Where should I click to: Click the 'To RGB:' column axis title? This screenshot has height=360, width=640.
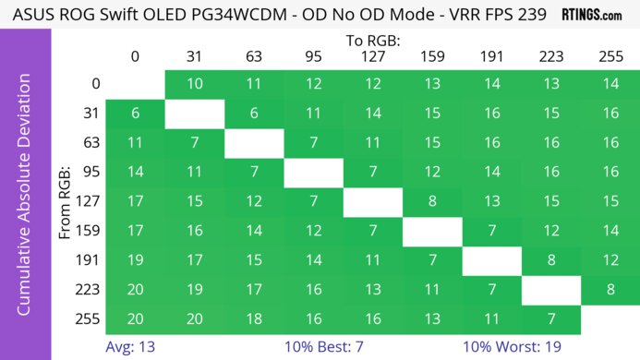pyautogui.click(x=372, y=41)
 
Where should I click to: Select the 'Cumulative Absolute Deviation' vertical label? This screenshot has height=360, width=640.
pyautogui.click(x=25, y=200)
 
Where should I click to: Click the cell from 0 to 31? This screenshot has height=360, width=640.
pyautogui.click(x=195, y=84)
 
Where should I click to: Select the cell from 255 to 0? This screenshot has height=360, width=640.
pyautogui.click(x=135, y=319)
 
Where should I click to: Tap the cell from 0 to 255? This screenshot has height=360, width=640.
pyautogui.click(x=610, y=84)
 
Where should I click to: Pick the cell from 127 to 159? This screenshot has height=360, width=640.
pyautogui.click(x=432, y=201)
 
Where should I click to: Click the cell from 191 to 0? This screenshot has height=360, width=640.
pyautogui.click(x=135, y=260)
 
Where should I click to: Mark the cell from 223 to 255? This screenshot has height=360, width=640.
pyautogui.click(x=610, y=290)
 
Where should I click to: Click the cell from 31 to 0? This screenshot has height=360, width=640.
pyautogui.click(x=135, y=114)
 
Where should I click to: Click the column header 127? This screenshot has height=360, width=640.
pyautogui.click(x=372, y=58)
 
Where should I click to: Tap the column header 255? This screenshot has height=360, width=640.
pyautogui.click(x=610, y=58)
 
